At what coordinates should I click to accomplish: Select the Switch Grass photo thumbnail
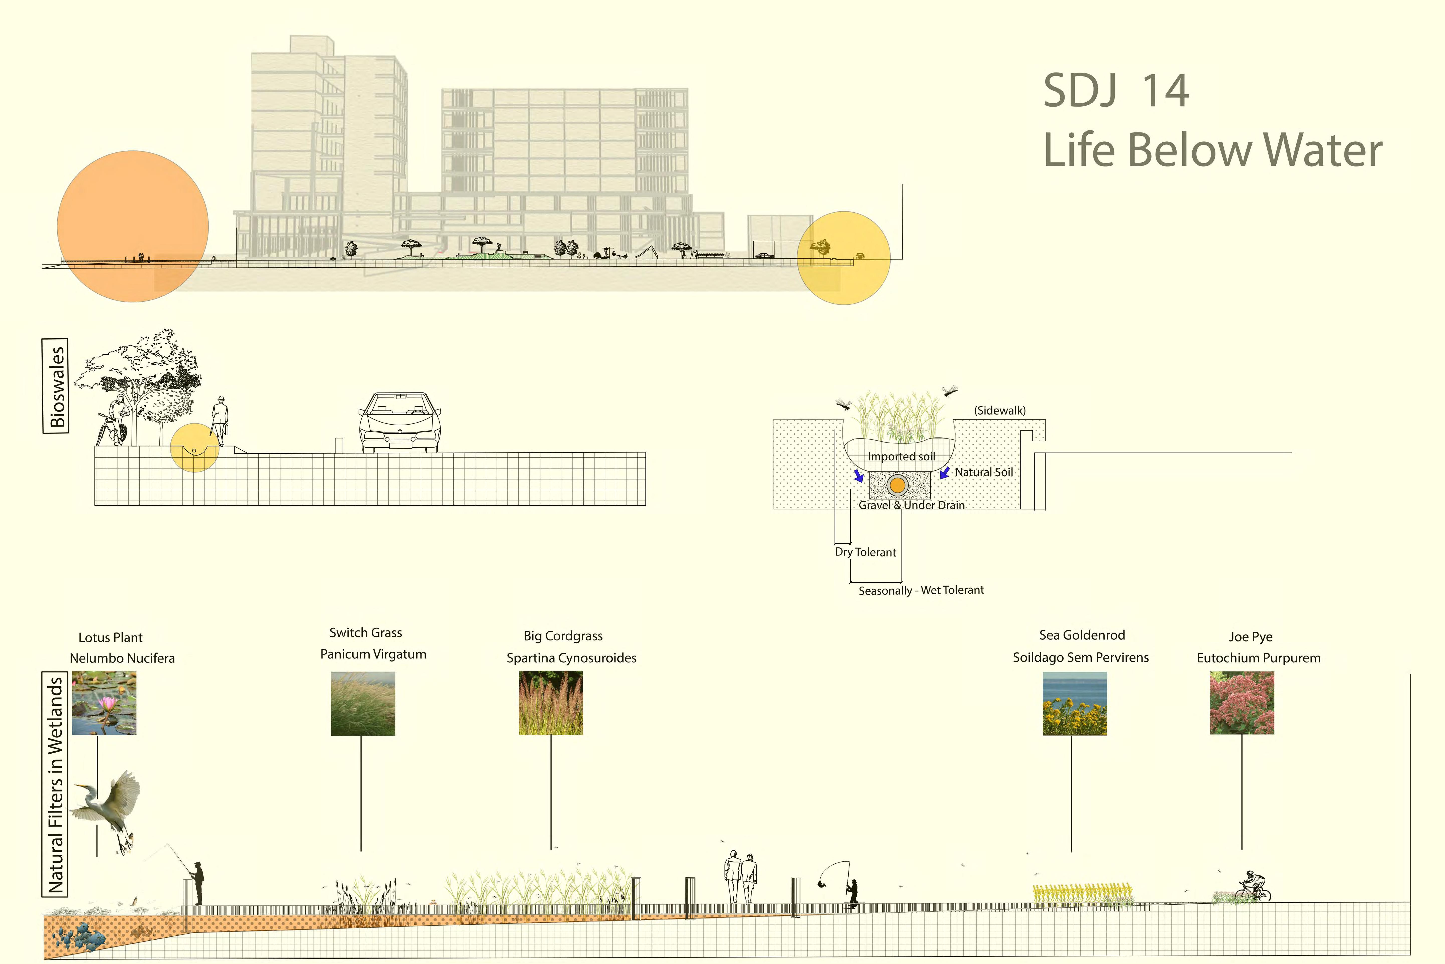pyautogui.click(x=362, y=703)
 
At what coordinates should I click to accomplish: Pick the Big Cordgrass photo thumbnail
pyautogui.click(x=551, y=703)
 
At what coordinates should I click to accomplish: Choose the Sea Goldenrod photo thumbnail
pyautogui.click(x=1075, y=703)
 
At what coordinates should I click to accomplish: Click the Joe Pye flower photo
pyautogui.click(x=1242, y=703)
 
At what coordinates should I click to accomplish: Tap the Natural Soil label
pyautogui.click(x=984, y=472)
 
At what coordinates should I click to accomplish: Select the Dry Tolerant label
pyautogui.click(x=865, y=552)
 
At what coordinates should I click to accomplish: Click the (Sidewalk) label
pyautogui.click(x=1000, y=410)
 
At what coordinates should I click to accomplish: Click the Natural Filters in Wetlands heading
pyautogui.click(x=55, y=784)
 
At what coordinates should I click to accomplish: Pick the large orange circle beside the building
pyautogui.click(x=133, y=226)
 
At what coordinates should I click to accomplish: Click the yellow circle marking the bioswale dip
pyautogui.click(x=194, y=448)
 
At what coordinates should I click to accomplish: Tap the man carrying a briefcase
pyautogui.click(x=220, y=420)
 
